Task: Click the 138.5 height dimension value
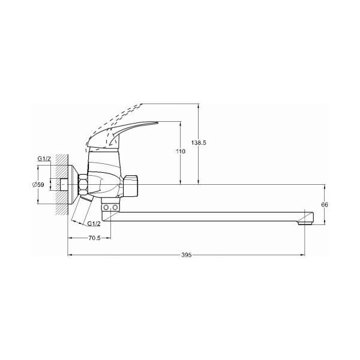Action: [x=199, y=143]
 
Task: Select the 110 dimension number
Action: [x=181, y=151]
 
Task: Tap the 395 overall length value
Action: [x=186, y=255]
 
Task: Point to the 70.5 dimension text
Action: [x=94, y=238]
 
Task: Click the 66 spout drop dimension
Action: [x=325, y=205]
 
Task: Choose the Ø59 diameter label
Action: [x=38, y=184]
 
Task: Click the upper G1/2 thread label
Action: [x=44, y=158]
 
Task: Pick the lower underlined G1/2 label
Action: [x=94, y=223]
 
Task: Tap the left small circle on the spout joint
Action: [x=106, y=208]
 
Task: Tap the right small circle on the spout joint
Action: [x=115, y=208]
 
